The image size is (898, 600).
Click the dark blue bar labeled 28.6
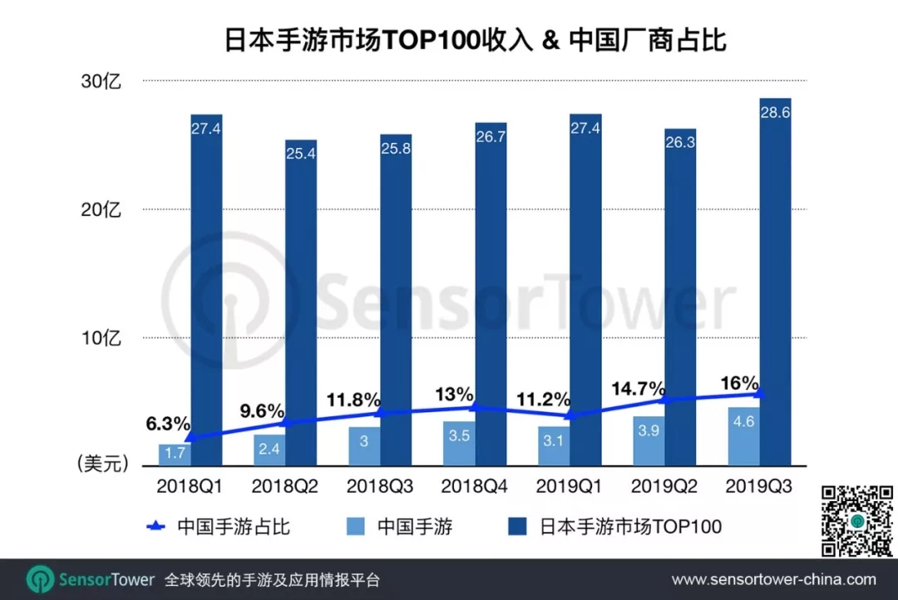(x=775, y=283)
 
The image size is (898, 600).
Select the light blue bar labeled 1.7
(x=175, y=455)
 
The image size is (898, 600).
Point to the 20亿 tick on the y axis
(x=101, y=209)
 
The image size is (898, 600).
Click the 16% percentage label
(x=739, y=384)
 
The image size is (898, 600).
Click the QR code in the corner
(x=856, y=519)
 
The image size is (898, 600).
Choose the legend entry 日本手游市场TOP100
(x=630, y=526)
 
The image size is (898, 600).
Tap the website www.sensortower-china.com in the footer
(x=773, y=579)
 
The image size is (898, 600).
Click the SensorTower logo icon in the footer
(x=40, y=579)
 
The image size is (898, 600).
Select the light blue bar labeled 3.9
(x=649, y=441)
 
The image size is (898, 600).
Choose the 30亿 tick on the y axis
(x=101, y=81)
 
